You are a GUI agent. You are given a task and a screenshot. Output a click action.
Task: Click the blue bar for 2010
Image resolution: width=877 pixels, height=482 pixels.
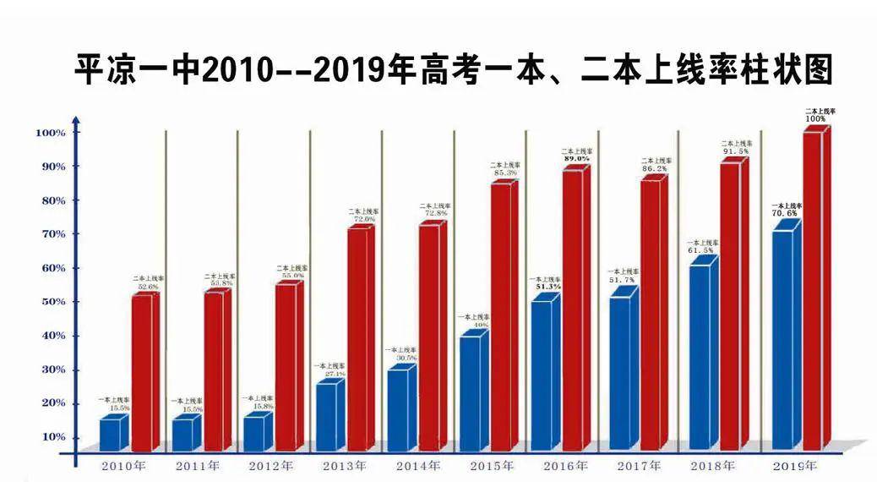click(110, 434)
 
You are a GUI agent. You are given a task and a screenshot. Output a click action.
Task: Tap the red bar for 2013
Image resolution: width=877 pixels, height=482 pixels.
click(357, 339)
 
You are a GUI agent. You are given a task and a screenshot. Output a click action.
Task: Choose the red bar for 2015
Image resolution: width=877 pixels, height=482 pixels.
click(500, 316)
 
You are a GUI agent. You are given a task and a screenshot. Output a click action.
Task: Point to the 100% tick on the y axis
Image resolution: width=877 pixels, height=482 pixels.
click(50, 134)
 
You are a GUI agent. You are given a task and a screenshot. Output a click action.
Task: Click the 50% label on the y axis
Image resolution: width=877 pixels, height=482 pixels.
click(50, 302)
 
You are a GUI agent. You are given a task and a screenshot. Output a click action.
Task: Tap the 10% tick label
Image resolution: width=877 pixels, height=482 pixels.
click(50, 437)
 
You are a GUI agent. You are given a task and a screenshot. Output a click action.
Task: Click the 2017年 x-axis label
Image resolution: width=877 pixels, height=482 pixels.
click(639, 466)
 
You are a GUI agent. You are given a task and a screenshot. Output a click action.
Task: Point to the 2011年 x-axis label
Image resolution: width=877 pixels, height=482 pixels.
click(198, 466)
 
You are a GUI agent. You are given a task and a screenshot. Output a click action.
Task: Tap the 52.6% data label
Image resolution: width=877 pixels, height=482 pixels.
click(146, 287)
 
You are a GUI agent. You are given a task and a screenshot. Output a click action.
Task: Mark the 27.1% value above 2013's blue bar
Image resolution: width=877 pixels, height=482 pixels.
click(330, 373)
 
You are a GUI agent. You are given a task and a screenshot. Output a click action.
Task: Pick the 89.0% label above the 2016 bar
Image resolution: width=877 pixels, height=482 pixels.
click(575, 158)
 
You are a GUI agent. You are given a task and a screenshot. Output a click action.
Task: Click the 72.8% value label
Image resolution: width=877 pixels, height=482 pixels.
click(434, 214)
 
